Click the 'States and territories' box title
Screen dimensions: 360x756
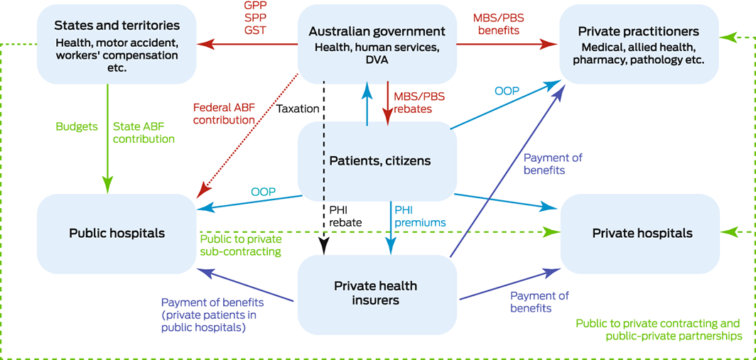click(117, 26)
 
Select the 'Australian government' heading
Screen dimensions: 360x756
click(377, 31)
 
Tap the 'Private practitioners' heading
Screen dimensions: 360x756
click(639, 31)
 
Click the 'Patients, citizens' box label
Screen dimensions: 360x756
click(379, 161)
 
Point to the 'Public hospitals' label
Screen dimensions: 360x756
click(117, 233)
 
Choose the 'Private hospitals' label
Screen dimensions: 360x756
click(642, 233)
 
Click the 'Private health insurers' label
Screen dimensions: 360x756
click(375, 293)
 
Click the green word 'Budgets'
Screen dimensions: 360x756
click(77, 126)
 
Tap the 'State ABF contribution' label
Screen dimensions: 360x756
click(143, 133)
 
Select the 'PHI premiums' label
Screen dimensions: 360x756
click(420, 216)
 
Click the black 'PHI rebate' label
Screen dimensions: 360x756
click(345, 216)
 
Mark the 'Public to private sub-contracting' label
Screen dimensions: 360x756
click(241, 245)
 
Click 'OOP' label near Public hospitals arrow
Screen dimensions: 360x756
click(264, 192)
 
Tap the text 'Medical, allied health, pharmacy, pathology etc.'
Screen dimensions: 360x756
click(642, 54)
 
